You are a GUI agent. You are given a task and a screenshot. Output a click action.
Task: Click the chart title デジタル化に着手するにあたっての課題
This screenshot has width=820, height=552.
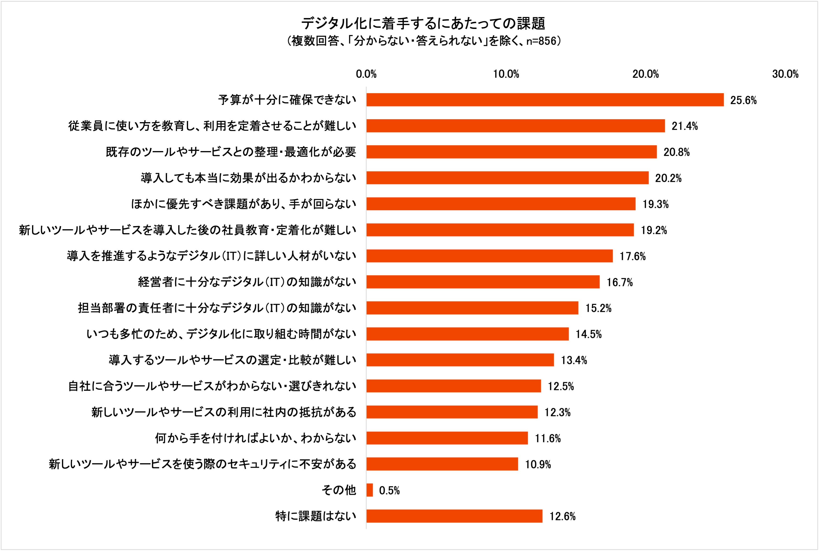coord(423,24)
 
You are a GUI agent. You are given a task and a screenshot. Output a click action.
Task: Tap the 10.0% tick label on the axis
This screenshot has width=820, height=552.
coord(506,74)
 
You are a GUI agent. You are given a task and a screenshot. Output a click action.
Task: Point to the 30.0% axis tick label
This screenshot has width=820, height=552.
coord(785,74)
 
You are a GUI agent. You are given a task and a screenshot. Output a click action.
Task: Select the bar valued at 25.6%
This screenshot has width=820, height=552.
coord(545,100)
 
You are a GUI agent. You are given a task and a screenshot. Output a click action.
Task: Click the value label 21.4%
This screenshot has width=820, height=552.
coord(684,126)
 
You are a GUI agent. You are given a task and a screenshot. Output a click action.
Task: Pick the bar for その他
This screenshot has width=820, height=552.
coord(370,490)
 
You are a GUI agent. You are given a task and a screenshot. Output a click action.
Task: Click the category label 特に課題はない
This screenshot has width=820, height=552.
coord(316,516)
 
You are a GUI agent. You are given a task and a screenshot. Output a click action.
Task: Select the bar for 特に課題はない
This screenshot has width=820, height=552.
coord(454,516)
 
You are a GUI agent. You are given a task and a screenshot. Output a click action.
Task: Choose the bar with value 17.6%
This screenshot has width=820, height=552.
coord(489,256)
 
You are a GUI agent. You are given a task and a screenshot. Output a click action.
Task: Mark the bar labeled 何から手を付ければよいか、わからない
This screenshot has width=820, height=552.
coord(447,438)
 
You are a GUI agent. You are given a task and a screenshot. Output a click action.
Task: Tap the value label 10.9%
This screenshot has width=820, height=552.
coord(538,464)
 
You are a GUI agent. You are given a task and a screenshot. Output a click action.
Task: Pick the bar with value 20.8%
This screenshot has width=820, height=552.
coord(511,152)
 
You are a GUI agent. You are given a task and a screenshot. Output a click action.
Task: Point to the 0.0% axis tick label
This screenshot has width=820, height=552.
coord(366,74)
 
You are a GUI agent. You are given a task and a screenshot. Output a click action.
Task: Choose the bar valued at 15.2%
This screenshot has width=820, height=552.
coord(472,308)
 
